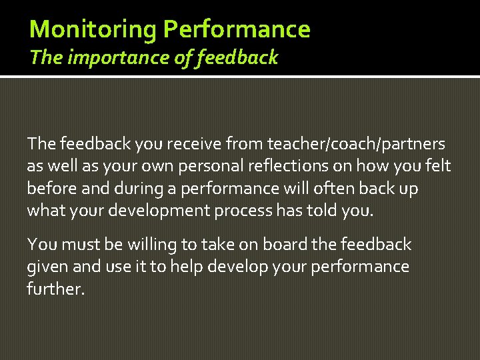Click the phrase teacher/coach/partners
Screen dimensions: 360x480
click(x=357, y=143)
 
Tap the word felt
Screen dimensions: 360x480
click(x=437, y=166)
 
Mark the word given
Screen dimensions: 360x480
click(x=47, y=267)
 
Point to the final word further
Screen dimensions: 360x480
click(x=55, y=290)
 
